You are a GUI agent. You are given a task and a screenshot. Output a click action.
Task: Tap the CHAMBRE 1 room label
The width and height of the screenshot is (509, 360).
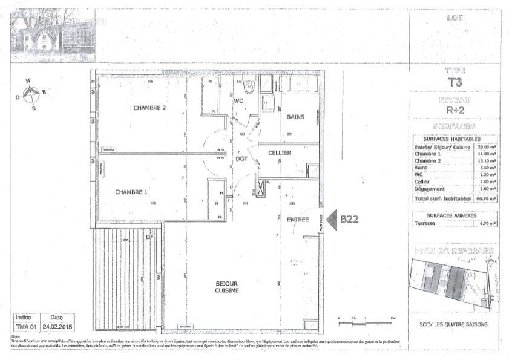click(x=131, y=192)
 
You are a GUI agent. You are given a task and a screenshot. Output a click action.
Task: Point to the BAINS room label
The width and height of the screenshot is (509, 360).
click(x=295, y=117)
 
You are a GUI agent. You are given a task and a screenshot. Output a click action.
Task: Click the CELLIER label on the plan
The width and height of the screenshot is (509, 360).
click(x=280, y=153)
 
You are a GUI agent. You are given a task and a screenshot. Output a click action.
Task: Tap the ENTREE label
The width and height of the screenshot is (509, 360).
click(x=298, y=220)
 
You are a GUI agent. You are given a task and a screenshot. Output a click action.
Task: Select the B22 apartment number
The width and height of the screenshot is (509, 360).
click(x=350, y=220)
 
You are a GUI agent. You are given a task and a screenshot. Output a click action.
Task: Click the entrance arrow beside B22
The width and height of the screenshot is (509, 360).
click(x=332, y=220)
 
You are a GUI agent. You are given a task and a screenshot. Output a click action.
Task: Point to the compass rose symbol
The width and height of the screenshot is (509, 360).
click(x=31, y=94)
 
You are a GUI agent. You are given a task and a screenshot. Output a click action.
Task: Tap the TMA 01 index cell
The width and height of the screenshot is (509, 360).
click(x=24, y=326)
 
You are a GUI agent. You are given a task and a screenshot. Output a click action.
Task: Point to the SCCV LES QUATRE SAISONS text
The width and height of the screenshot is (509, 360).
click(x=453, y=324)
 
